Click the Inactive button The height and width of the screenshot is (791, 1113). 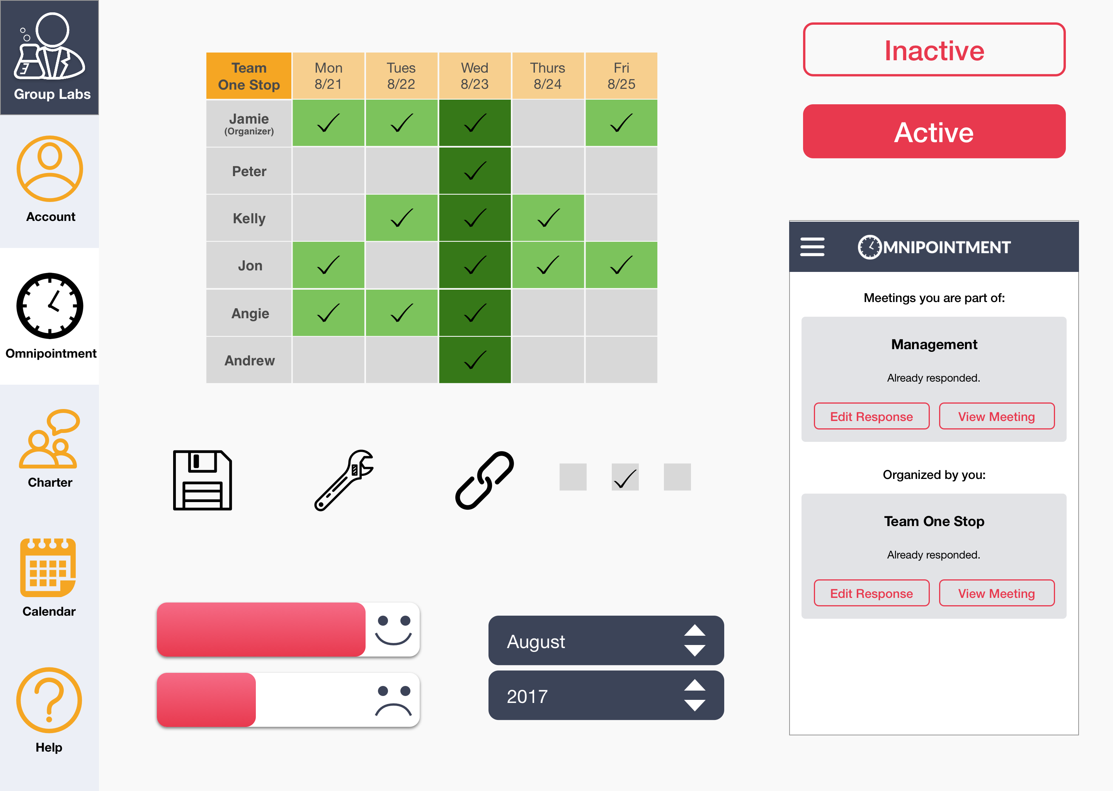[x=934, y=50]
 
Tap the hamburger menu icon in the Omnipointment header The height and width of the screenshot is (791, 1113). [x=812, y=247]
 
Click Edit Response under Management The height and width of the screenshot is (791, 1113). [x=871, y=416]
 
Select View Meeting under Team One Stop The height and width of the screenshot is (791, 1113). [x=997, y=593]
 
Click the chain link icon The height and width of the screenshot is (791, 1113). [x=484, y=480]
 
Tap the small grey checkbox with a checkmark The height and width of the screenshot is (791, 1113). [x=625, y=477]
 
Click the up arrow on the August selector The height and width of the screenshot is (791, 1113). [x=694, y=631]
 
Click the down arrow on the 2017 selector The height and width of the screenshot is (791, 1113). [x=694, y=705]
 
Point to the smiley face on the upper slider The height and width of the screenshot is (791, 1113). [x=393, y=630]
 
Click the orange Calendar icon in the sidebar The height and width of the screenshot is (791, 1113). [x=48, y=567]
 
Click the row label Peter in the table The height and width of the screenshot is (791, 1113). [x=249, y=171]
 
